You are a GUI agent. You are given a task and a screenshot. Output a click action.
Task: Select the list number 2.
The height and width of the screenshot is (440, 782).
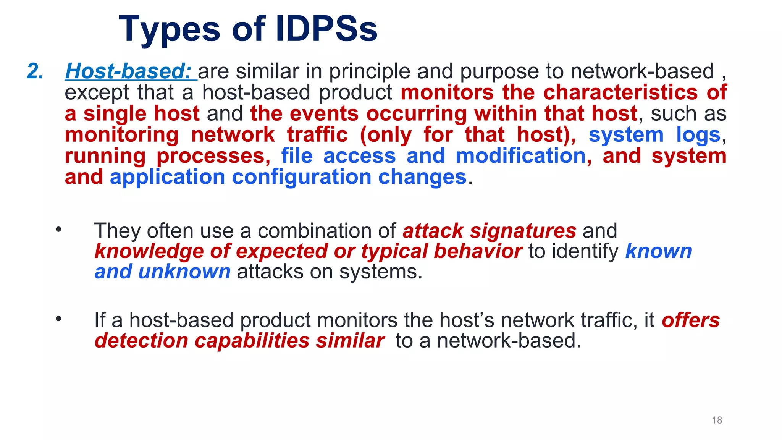coord(35,71)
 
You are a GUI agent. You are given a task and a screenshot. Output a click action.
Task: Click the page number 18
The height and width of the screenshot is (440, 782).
coord(717,420)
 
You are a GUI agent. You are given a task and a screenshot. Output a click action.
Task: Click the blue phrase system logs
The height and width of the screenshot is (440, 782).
coord(654,135)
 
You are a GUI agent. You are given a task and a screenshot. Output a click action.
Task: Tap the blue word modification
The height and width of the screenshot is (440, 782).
coord(521,156)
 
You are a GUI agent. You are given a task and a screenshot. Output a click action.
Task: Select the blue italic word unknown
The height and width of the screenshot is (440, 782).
coord(184,272)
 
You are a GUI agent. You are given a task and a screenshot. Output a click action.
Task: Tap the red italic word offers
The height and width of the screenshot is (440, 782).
coord(691,320)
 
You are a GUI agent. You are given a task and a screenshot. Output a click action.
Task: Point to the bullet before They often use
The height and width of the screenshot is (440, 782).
coord(58,230)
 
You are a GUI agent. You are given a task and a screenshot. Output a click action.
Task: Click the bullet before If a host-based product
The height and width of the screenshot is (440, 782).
coord(58,319)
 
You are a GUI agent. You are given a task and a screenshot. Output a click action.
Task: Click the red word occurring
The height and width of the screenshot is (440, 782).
coord(416,114)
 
